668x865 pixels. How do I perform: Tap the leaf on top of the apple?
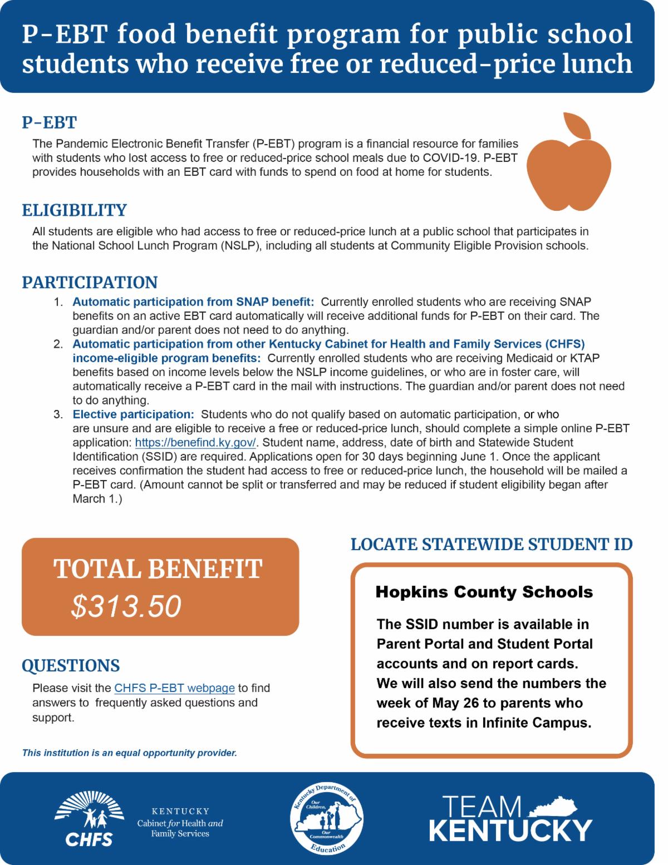pyautogui.click(x=577, y=126)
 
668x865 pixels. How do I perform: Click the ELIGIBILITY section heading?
pyautogui.click(x=74, y=210)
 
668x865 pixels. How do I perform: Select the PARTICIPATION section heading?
pyautogui.click(x=90, y=282)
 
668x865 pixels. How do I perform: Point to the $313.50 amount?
pyautogui.click(x=126, y=606)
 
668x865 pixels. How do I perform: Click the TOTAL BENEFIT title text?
pyautogui.click(x=158, y=569)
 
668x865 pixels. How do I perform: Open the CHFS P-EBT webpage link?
pyautogui.click(x=174, y=688)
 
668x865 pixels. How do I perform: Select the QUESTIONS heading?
pyautogui.click(x=71, y=665)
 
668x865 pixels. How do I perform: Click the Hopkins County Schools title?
pyautogui.click(x=484, y=592)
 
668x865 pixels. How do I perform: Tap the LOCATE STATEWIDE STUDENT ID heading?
pyautogui.click(x=492, y=544)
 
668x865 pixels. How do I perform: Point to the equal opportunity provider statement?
pyautogui.click(x=130, y=754)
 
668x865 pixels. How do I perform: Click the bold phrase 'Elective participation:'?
pyautogui.click(x=133, y=414)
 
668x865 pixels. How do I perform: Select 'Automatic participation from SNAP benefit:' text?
pyautogui.click(x=193, y=302)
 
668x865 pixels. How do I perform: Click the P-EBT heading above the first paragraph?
pyautogui.click(x=49, y=122)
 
